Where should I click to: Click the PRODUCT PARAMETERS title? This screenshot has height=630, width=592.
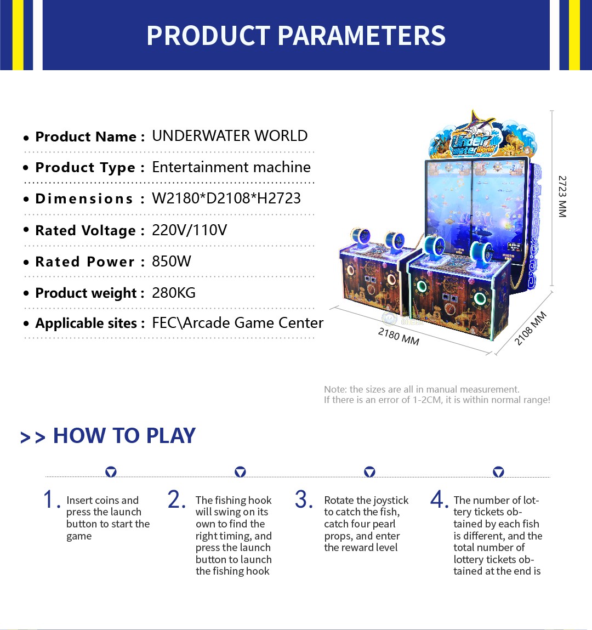296,35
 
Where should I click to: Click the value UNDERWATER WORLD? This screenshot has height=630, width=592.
230,136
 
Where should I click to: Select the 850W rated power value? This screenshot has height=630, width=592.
172,261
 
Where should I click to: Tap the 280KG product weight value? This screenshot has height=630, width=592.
174,292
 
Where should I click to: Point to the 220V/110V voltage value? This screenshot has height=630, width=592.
190,230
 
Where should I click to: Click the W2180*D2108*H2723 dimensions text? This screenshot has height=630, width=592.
226,198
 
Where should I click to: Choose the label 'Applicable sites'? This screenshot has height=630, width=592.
87,323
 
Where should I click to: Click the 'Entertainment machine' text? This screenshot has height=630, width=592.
231,167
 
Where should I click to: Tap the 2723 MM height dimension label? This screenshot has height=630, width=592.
562,196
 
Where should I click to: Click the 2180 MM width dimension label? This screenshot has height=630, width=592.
399,336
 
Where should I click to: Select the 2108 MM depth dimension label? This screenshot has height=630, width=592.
531,328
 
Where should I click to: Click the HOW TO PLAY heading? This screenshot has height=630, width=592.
124,435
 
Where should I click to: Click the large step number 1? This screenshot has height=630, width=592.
50,500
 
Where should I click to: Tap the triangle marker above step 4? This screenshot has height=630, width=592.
498,472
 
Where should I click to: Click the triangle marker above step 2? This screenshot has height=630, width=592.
240,472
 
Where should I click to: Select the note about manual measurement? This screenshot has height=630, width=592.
437,395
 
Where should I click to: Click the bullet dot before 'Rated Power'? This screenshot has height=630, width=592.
26,263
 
